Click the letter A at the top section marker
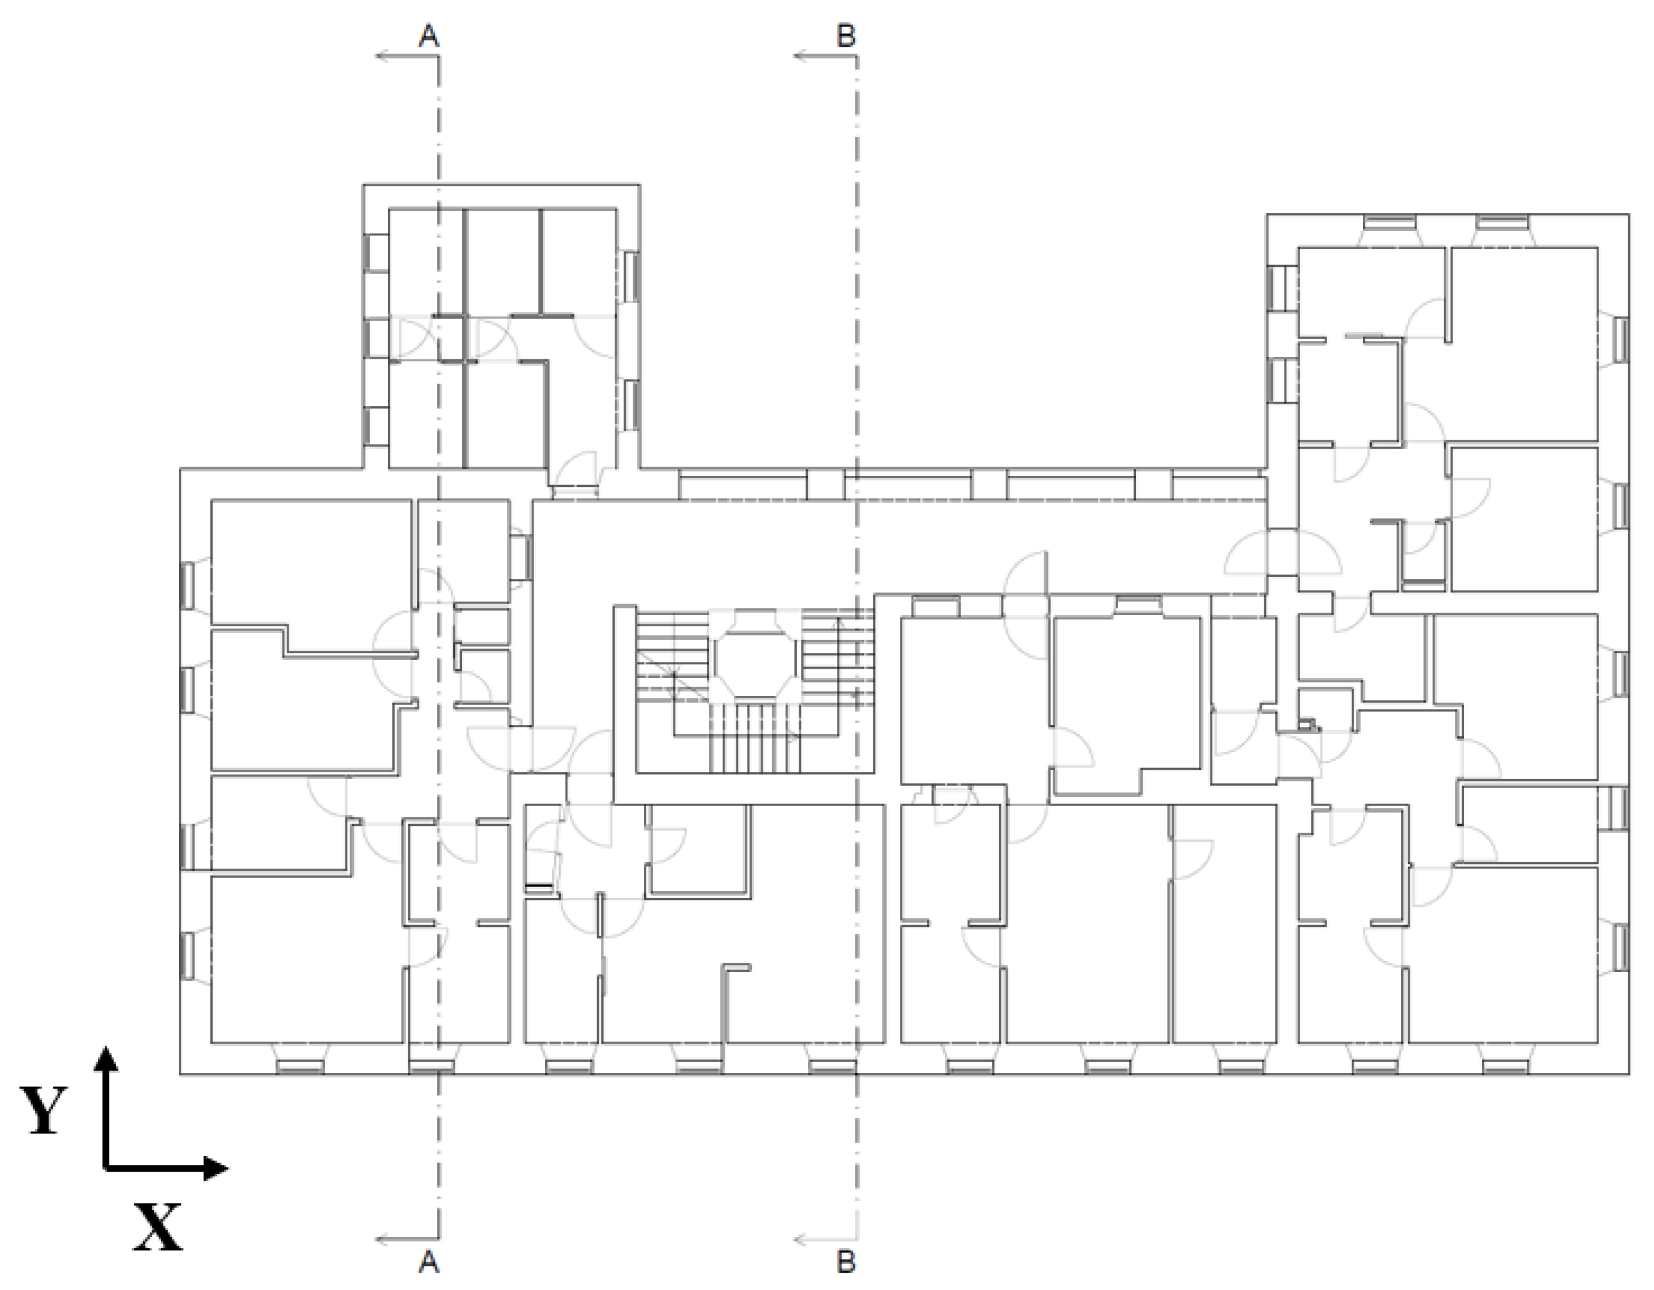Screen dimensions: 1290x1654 point(429,36)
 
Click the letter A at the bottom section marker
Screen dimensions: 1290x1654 point(429,1261)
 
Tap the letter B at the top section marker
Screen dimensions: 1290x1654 point(846,36)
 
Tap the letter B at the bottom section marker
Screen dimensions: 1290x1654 point(846,1261)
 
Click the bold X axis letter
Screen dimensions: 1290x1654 point(157,1227)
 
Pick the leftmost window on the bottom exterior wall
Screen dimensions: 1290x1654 point(299,1066)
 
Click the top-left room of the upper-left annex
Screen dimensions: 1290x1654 point(426,261)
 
